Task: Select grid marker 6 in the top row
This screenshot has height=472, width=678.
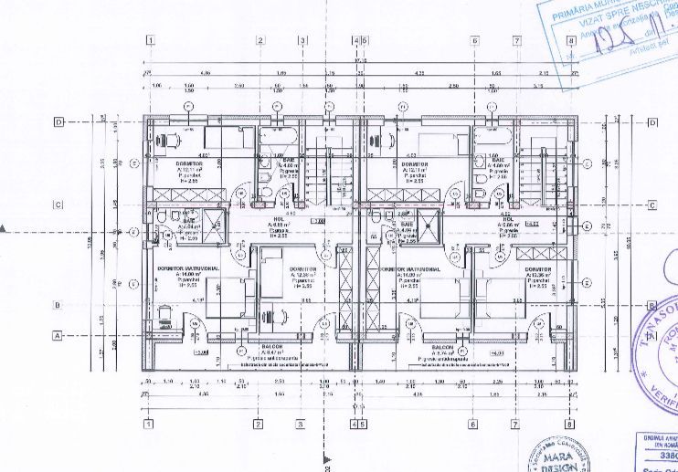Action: coord(475,41)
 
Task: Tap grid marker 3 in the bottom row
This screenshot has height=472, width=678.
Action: coord(299,424)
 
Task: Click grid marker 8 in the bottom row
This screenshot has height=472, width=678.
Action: coord(569,424)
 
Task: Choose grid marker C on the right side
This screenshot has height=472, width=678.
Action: coord(651,205)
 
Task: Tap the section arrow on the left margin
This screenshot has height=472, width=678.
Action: coord(5,228)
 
